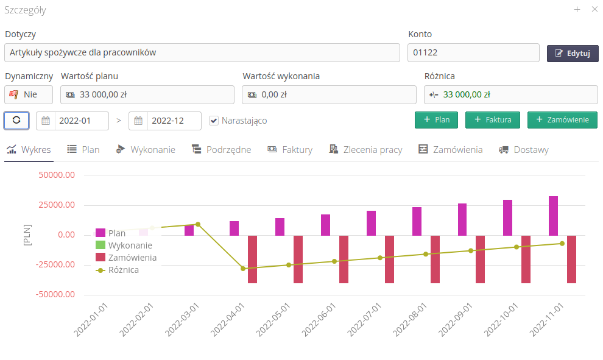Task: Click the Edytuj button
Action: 573,54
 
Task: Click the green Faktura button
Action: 492,120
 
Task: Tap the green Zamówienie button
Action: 562,120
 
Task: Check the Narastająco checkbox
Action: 214,121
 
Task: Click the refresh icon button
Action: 16,120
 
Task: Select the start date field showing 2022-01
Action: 82,121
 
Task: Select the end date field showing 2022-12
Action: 174,121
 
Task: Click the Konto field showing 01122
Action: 473,52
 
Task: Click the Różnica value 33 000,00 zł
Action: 467,94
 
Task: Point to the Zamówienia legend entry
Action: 132,258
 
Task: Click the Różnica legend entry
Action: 123,270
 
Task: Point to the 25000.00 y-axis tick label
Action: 57,205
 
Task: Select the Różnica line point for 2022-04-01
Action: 243,269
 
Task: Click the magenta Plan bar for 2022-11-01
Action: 553,216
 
